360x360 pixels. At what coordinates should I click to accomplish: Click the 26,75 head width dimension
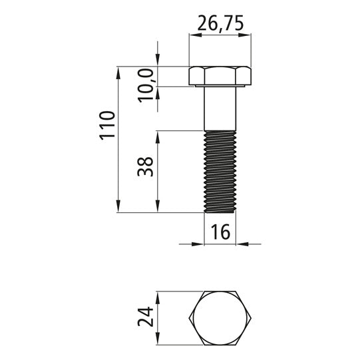pyautogui.click(x=220, y=23)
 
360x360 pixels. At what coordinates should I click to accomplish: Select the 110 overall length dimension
pyautogui.click(x=106, y=125)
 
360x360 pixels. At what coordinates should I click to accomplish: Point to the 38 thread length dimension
pyautogui.click(x=145, y=166)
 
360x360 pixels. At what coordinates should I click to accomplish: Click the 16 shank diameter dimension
pyautogui.click(x=220, y=232)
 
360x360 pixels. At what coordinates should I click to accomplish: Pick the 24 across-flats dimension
pyautogui.click(x=146, y=317)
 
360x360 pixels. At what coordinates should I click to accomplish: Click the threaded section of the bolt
pyautogui.click(x=220, y=172)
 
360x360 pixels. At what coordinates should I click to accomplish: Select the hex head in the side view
pyautogui.click(x=220, y=76)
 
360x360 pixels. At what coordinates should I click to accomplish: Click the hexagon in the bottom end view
pyautogui.click(x=220, y=318)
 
